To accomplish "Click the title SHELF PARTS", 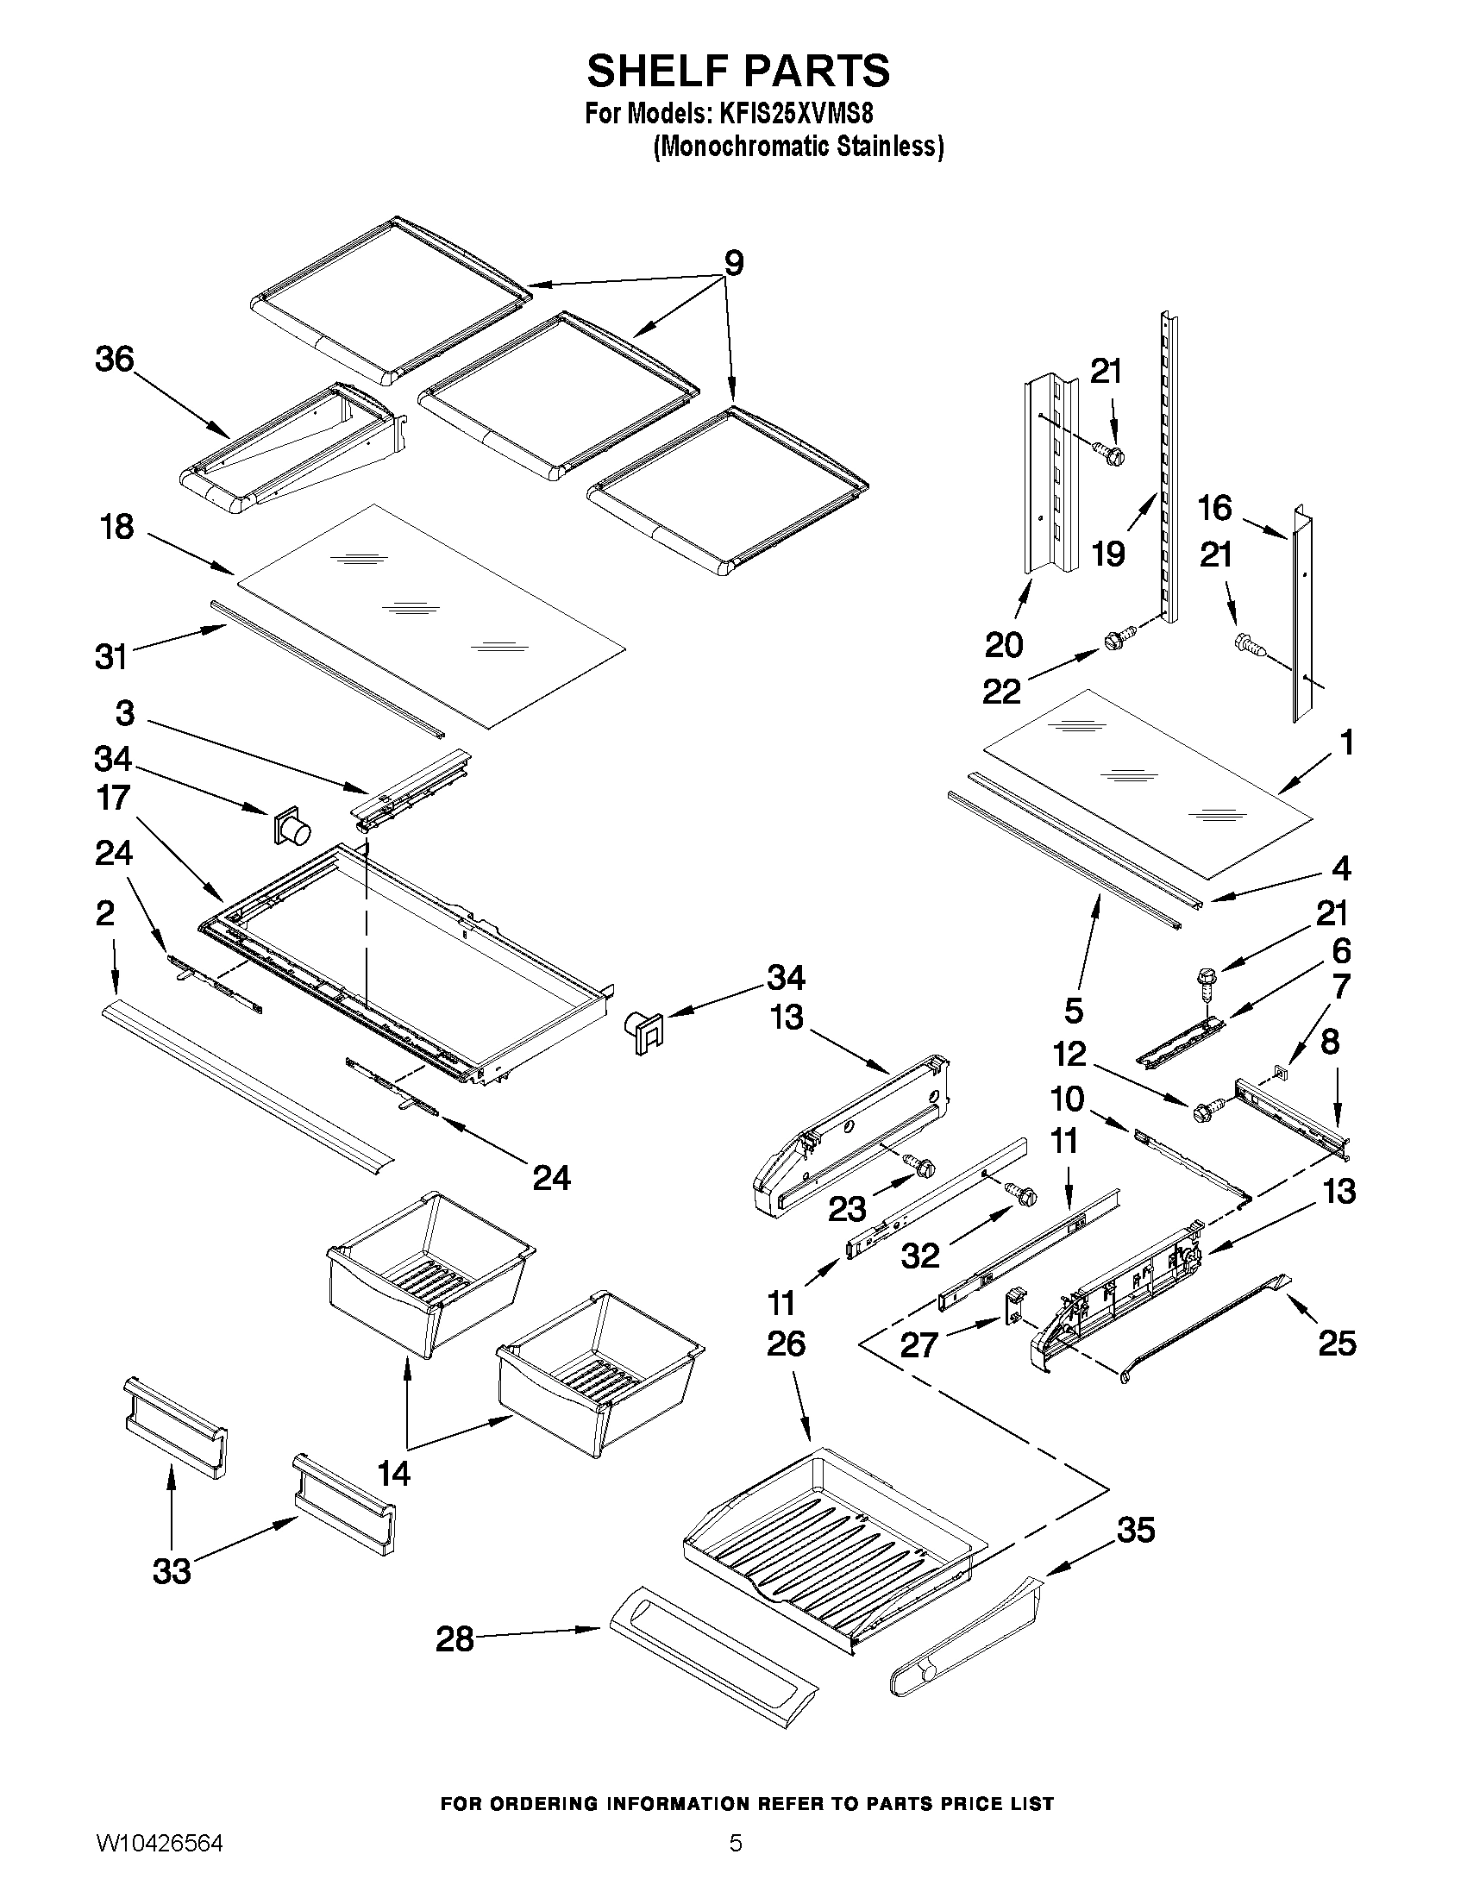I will (738, 72).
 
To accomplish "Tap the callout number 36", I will (115, 359).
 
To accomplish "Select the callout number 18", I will (116, 527).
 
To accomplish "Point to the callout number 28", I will (455, 1640).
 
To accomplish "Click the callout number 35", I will (1136, 1530).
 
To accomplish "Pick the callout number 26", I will (786, 1344).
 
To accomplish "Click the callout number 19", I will (1109, 554).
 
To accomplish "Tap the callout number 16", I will (1214, 508).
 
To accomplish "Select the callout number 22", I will (1001, 692).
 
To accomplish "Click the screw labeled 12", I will (1207, 1110).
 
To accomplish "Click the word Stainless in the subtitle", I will (890, 147).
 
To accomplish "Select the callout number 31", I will (111, 657).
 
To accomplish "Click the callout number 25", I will (1337, 1344).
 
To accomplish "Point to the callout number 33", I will (172, 1571).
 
